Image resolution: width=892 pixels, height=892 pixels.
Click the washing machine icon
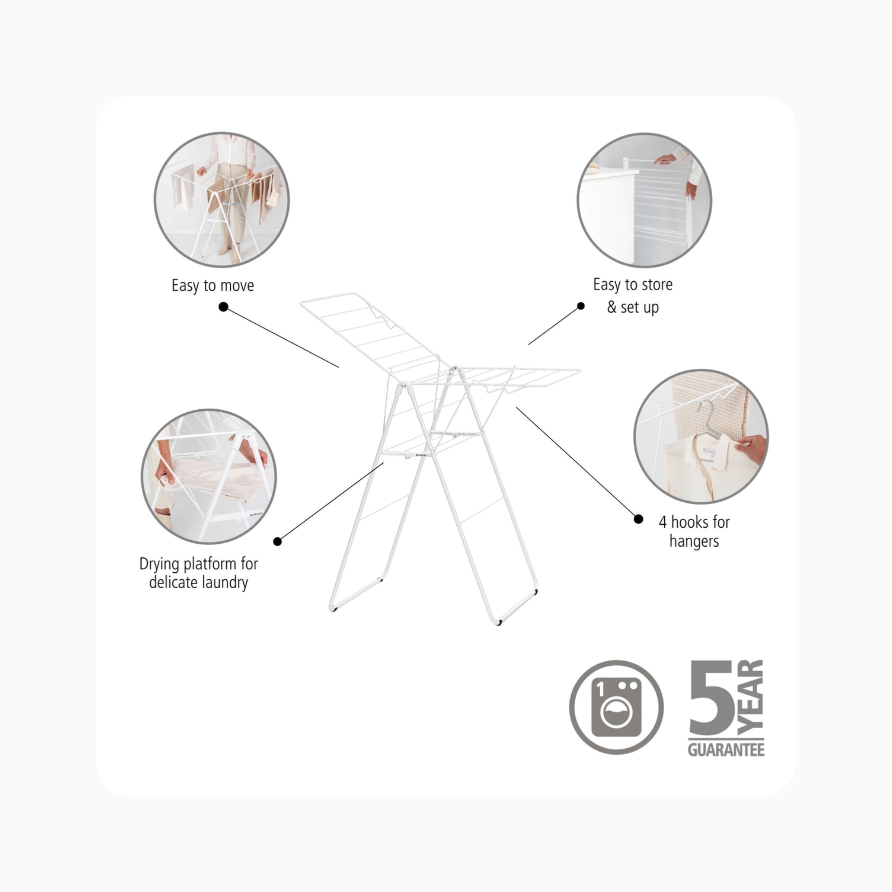[616, 707]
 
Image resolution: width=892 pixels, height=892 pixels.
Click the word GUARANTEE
[726, 750]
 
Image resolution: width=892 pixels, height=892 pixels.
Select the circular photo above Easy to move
[221, 199]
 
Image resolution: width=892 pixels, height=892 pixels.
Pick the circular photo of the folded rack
[645, 200]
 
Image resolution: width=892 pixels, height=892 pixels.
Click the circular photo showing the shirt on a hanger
[701, 436]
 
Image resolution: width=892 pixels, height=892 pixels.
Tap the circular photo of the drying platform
[208, 476]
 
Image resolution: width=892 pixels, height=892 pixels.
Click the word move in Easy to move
[237, 286]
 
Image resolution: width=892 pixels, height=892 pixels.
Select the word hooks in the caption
[690, 522]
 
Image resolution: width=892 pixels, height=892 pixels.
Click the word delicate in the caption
[173, 582]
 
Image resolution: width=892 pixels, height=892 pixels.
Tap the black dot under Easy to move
[223, 307]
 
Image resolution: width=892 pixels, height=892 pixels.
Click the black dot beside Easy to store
[581, 306]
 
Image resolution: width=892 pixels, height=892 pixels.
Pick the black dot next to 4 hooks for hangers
[638, 519]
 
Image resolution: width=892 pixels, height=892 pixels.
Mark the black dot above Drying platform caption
[278, 541]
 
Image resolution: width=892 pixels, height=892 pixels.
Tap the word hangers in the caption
[694, 541]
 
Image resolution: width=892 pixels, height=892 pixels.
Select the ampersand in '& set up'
[612, 307]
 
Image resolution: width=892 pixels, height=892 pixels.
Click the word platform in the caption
[210, 564]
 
